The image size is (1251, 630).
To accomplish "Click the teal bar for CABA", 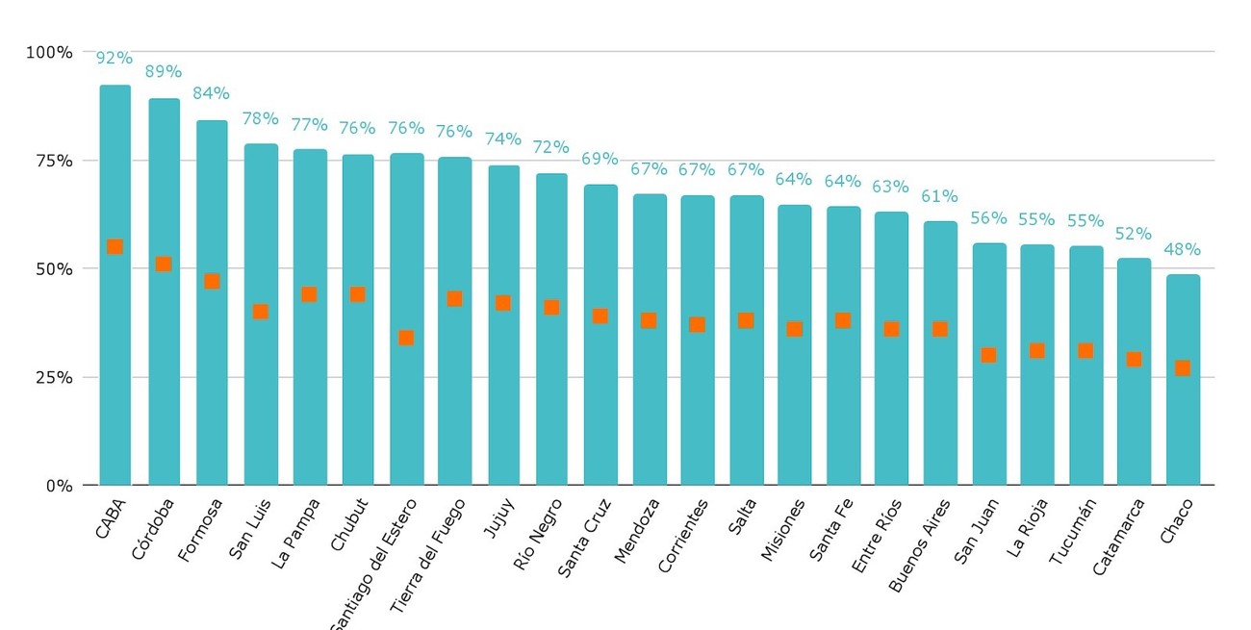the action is coord(115,285).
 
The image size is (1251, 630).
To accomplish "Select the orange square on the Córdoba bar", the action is coord(163,264).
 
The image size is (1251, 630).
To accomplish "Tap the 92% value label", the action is coord(114,58).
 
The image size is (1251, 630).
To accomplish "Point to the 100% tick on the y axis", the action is coord(49,53).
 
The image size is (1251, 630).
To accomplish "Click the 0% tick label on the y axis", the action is coord(60,486).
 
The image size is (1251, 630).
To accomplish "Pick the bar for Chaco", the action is coord(1183,380).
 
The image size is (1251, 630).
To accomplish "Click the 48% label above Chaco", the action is coord(1182,249).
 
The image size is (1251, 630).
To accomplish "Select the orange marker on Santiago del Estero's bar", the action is coord(406,338).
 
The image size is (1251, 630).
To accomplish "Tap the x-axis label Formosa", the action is coord(200,530).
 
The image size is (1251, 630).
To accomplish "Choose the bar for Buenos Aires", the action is coord(940,353).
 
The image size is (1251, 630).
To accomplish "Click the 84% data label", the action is coord(211,92).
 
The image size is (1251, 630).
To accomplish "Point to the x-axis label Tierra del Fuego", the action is coord(427,556).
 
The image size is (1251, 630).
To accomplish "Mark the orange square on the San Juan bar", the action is coord(988,355).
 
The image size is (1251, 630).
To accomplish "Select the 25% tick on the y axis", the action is coord(54,378).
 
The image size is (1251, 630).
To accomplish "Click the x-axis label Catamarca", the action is coord(1118,537).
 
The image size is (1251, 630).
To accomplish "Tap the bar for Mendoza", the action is coord(650,340).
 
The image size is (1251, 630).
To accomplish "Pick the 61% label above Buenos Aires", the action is coord(939,196).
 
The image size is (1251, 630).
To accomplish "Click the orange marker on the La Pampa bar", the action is coord(310,294).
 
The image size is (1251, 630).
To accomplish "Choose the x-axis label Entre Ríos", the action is coord(877,537).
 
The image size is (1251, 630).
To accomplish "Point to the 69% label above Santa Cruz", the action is coord(600,159).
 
